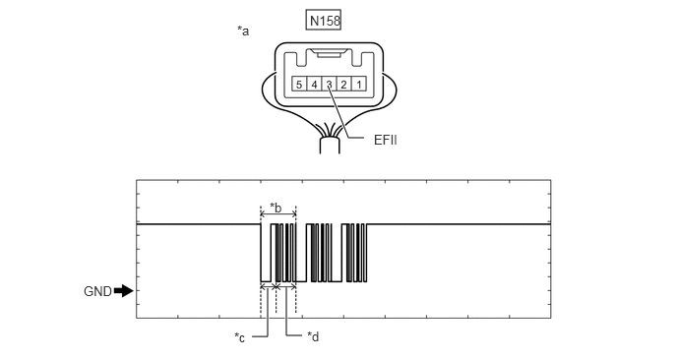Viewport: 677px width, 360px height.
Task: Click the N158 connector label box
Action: tap(324, 21)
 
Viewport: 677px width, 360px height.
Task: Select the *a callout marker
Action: tap(243, 30)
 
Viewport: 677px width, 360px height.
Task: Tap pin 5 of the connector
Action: tap(299, 84)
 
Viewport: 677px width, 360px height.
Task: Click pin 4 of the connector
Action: tap(314, 84)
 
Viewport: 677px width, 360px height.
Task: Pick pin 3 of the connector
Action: tap(329, 84)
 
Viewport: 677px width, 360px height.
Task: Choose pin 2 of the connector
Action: tap(343, 84)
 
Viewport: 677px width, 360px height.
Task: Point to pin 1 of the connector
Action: tap(359, 84)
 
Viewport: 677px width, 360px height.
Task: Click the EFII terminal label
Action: tap(386, 140)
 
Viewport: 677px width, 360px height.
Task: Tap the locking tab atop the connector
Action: tap(329, 53)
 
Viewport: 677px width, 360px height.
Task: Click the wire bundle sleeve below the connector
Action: tap(330, 146)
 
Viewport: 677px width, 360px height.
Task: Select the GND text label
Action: tap(97, 291)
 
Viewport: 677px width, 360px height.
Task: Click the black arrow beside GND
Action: tap(124, 291)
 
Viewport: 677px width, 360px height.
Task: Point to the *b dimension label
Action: tap(276, 208)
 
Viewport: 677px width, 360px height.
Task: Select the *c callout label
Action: tap(240, 337)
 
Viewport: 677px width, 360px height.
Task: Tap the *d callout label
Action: tap(313, 336)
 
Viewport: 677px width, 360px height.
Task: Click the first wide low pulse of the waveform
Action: tap(266, 281)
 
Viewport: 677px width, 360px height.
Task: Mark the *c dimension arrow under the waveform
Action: tap(268, 286)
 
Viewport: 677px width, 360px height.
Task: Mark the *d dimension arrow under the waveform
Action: tap(285, 286)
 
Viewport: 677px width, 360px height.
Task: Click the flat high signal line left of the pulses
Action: tap(199, 223)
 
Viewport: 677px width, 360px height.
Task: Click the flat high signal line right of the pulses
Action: tap(459, 223)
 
